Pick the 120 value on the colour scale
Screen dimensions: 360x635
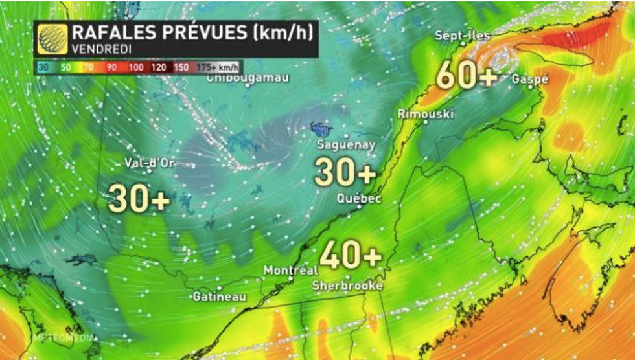(159, 67)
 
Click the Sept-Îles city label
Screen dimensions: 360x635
(463, 36)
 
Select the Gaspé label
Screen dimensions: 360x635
(530, 79)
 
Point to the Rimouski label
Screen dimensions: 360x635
(426, 114)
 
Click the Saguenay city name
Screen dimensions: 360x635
(345, 145)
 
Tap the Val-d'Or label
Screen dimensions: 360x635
(150, 163)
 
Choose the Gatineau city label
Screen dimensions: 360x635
(220, 297)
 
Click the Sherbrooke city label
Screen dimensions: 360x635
(347, 286)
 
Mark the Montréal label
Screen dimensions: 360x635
(290, 270)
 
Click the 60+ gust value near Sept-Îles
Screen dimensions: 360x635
(467, 76)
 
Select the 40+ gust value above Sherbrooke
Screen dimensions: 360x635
(351, 256)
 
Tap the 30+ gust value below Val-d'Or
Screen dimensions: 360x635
(139, 199)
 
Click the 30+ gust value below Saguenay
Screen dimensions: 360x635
(345, 172)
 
